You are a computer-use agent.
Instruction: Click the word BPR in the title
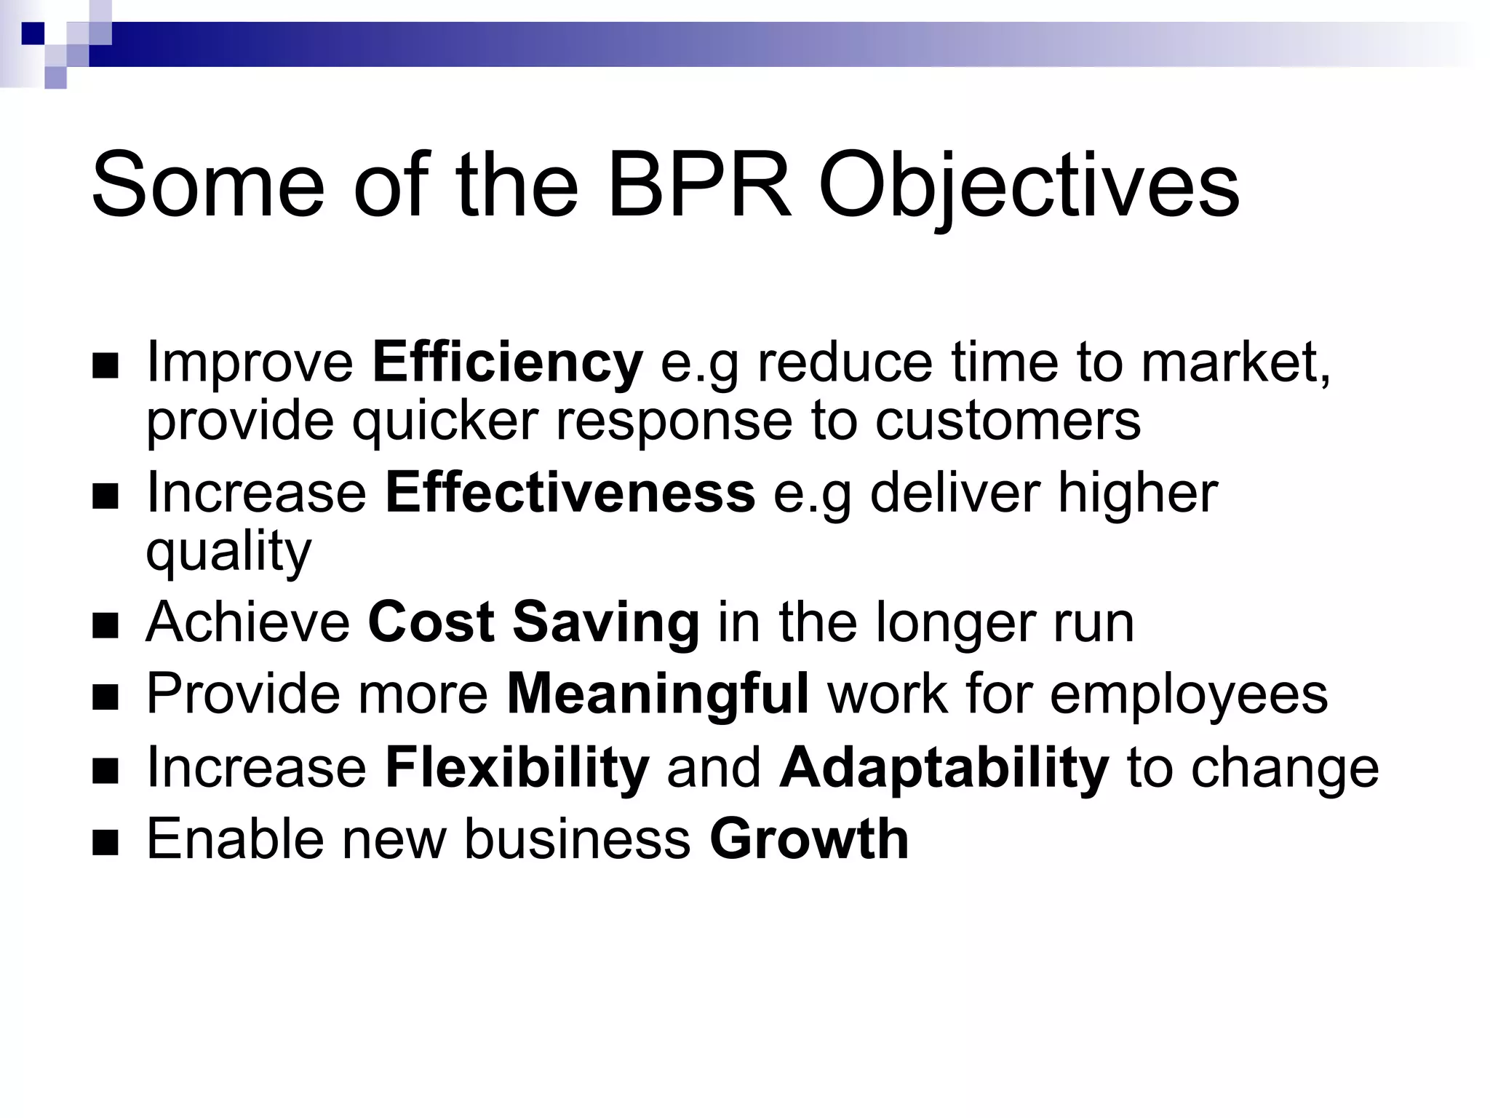coord(698,186)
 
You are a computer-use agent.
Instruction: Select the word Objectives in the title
coord(1029,186)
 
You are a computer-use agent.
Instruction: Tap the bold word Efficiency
coord(507,362)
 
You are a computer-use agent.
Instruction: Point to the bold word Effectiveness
coord(570,493)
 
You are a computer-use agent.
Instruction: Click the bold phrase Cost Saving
coord(533,622)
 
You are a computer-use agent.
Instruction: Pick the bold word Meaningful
coord(657,694)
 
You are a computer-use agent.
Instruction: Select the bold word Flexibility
coord(517,767)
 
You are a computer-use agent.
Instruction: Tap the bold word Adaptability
coord(944,767)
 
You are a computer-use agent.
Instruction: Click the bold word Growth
coord(809,839)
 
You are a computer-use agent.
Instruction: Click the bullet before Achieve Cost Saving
coord(105,626)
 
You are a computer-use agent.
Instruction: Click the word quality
coord(228,552)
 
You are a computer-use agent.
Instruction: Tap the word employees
coord(1189,694)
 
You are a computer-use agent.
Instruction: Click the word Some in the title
coord(207,186)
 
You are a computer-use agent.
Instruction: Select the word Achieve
coord(247,622)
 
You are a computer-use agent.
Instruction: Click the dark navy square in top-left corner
coord(33,33)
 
